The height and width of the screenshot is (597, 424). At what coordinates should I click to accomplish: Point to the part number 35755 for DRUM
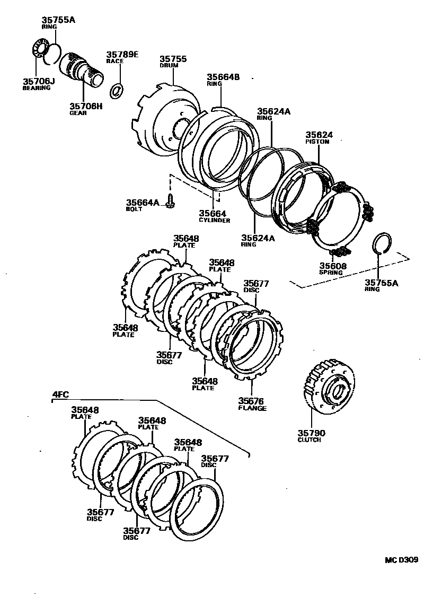(x=173, y=59)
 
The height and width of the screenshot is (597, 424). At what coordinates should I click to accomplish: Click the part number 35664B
(x=223, y=77)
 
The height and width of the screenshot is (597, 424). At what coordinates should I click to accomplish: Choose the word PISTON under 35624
(x=317, y=142)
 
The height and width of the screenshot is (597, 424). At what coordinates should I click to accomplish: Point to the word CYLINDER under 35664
(x=214, y=220)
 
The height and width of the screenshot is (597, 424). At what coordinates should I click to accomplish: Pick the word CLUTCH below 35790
(x=309, y=440)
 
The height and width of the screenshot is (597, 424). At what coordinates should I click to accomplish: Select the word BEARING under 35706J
(x=37, y=87)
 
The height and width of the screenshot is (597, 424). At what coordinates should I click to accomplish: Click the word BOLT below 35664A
(x=134, y=209)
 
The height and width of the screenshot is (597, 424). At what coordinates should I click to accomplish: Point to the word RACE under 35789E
(x=114, y=61)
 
